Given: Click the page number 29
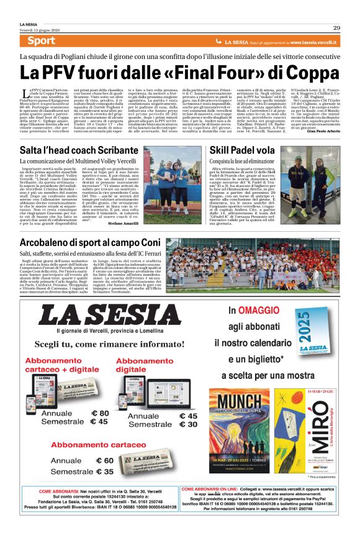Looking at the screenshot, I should click(x=336, y=27).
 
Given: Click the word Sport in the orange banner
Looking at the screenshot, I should click(x=41, y=41).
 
